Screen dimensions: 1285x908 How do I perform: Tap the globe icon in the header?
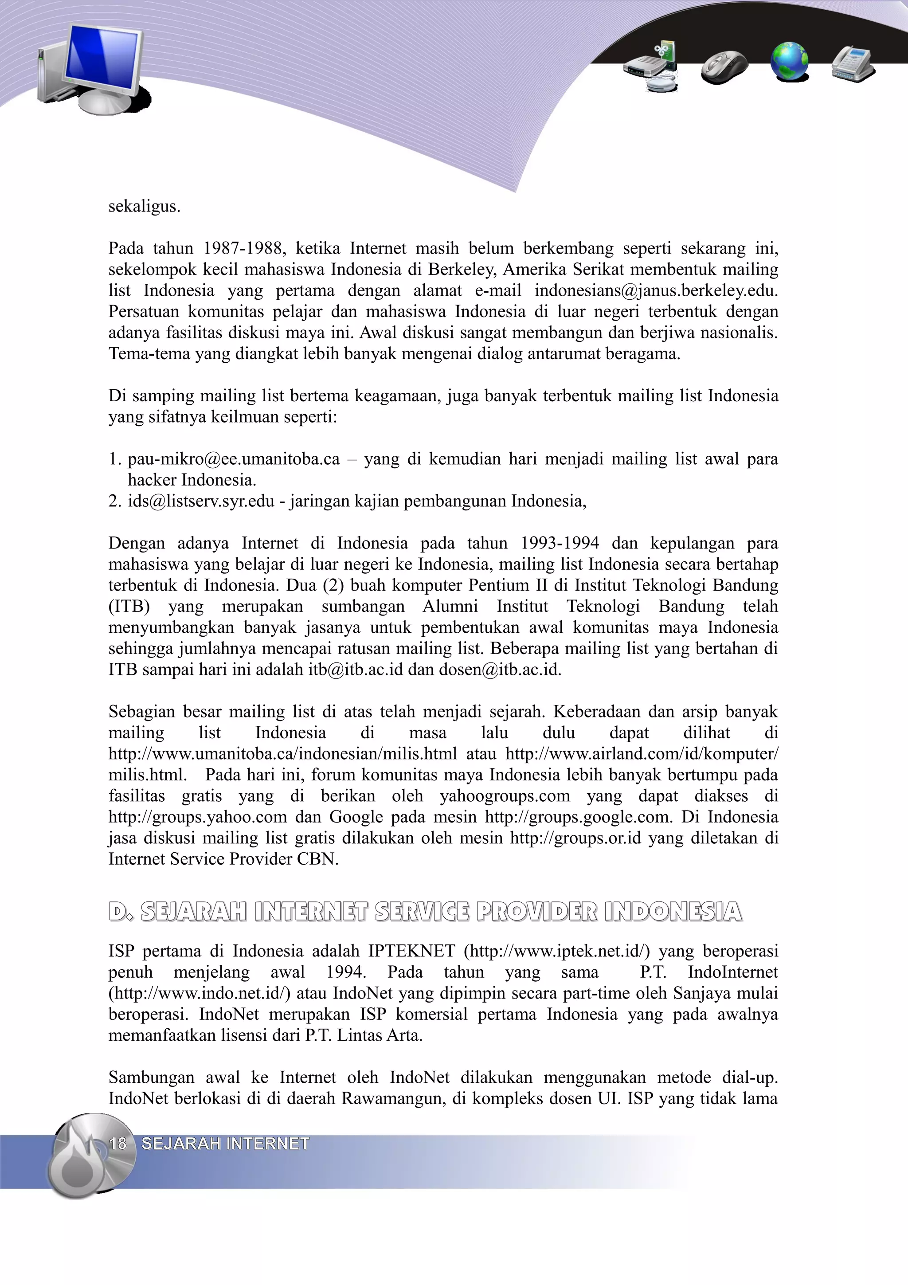click(789, 62)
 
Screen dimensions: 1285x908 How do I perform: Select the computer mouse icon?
click(724, 66)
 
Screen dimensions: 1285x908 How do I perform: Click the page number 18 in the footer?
click(118, 1143)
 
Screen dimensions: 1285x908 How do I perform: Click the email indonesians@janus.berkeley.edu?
click(656, 290)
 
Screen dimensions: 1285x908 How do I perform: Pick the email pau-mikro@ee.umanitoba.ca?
click(233, 459)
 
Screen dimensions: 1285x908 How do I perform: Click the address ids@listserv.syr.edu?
click(201, 501)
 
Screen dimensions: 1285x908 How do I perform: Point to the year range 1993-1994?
click(560, 543)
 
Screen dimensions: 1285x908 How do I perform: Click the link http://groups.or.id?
click(575, 838)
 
